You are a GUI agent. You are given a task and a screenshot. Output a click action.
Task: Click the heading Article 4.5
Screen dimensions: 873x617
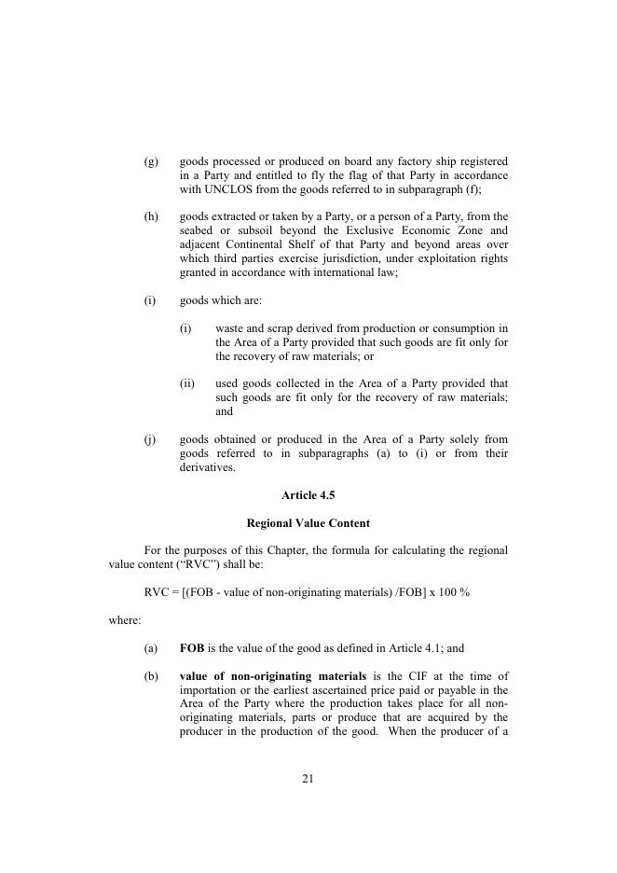pos(308,496)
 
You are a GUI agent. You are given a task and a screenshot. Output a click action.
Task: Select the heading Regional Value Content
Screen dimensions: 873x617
pos(308,523)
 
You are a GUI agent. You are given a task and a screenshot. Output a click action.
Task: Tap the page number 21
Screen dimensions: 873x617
pos(308,779)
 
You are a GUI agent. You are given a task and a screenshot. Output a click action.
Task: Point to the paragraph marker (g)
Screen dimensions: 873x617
pos(151,161)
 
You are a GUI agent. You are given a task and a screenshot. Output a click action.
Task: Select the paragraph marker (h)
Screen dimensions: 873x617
pos(151,216)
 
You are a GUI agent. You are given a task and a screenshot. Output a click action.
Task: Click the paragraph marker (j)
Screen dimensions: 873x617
pos(150,439)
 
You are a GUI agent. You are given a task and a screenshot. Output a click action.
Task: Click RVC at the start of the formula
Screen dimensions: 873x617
pos(158,592)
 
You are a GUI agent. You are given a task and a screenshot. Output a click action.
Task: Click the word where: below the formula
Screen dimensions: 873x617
pos(125,620)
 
